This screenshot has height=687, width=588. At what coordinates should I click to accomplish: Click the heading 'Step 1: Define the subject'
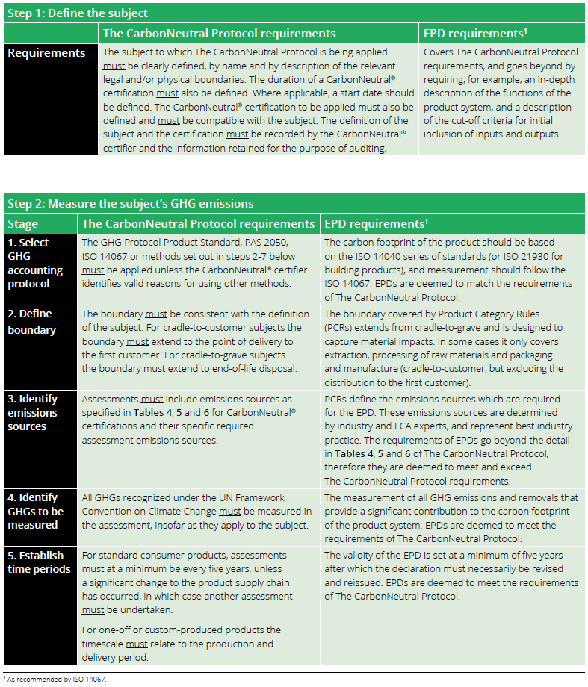(78, 13)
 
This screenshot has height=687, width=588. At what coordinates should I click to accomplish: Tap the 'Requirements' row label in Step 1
(46, 53)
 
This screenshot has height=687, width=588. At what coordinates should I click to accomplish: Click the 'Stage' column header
(23, 224)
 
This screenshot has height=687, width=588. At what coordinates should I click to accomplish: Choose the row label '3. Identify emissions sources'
(34, 412)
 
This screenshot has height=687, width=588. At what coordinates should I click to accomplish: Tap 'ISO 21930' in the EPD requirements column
(483, 257)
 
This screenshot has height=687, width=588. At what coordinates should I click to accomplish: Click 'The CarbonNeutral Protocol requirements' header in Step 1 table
(219, 34)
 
